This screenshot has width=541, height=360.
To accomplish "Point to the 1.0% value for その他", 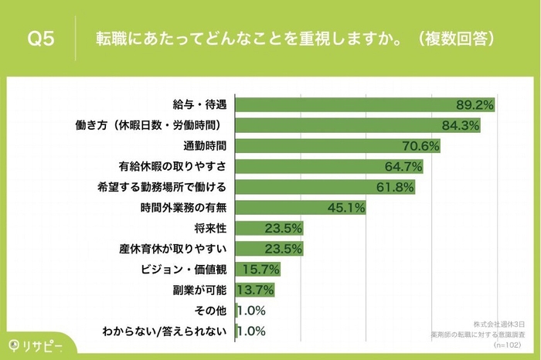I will click(x=251, y=311).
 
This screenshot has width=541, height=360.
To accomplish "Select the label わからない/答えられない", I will click(x=165, y=331).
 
